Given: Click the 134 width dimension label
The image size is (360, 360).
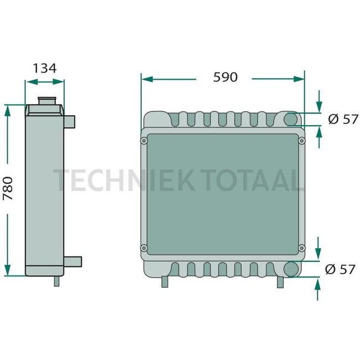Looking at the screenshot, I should pos(44,68).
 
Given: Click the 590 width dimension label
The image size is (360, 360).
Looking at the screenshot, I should pos(225,77).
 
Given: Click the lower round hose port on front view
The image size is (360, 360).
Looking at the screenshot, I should pos(291,269).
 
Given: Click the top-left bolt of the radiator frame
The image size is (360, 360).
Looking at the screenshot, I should pos(144,141).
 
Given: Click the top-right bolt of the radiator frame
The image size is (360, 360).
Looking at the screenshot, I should pos(301,141).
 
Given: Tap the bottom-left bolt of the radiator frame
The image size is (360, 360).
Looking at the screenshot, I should pos(144,248).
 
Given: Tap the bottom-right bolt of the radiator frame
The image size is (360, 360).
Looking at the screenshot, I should pos(301,248).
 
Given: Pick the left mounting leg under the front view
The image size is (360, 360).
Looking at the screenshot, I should pos(164,281).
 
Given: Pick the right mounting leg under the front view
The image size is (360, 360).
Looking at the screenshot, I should pos(281,281).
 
